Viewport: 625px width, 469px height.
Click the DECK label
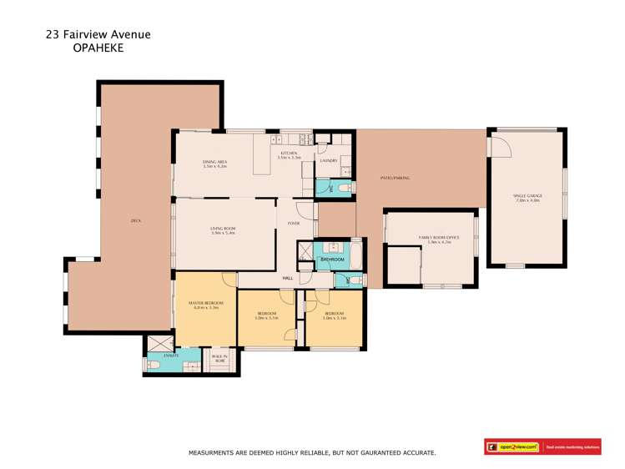[x=135, y=220]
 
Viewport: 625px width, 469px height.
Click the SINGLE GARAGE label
[x=527, y=198]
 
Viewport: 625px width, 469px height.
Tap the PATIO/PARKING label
[x=396, y=179]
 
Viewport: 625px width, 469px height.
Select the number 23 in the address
[x=52, y=35]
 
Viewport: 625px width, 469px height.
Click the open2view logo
[x=513, y=447]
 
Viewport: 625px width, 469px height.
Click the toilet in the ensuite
[x=153, y=365]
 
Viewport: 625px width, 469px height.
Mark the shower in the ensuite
[x=156, y=344]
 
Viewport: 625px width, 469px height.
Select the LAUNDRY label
[x=328, y=160]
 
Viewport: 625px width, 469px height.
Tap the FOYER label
[x=294, y=223]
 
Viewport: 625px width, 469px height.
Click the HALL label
[x=288, y=278]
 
